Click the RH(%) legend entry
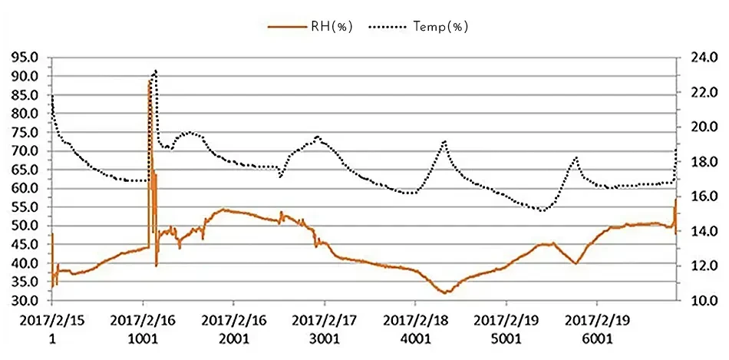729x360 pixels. [311, 26]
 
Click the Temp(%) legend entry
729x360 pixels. [419, 26]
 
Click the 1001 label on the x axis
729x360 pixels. [143, 339]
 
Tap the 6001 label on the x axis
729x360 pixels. [596, 339]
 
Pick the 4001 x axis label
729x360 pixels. [415, 339]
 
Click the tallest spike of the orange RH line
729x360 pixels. [150, 81]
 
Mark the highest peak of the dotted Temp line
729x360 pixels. [156, 71]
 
